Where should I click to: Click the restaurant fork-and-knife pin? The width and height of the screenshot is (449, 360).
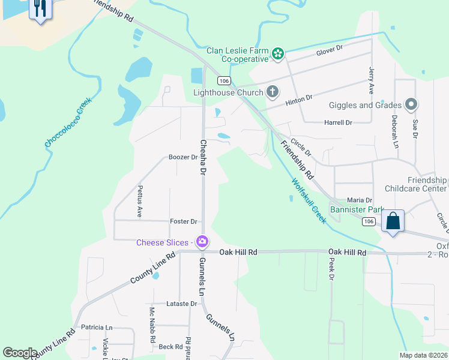tap(40, 8)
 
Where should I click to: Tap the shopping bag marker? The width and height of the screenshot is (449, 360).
tap(393, 221)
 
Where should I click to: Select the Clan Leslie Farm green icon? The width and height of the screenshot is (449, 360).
tap(277, 55)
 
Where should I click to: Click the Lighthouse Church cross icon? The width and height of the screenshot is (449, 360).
tap(272, 92)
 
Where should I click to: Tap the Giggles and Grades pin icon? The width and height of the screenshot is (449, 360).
tap(411, 105)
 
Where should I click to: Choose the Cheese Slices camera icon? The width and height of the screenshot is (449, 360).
tap(202, 242)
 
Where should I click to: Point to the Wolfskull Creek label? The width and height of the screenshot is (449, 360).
tap(309, 200)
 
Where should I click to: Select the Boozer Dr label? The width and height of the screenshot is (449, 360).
tap(183, 157)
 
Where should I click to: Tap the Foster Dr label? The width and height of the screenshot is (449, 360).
tap(183, 221)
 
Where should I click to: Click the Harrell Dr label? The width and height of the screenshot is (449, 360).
tap(338, 122)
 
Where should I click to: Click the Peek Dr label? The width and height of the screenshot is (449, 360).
tap(331, 269)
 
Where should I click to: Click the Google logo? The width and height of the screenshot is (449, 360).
tap(20, 353)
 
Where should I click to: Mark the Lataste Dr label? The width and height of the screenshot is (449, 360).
tap(182, 304)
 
